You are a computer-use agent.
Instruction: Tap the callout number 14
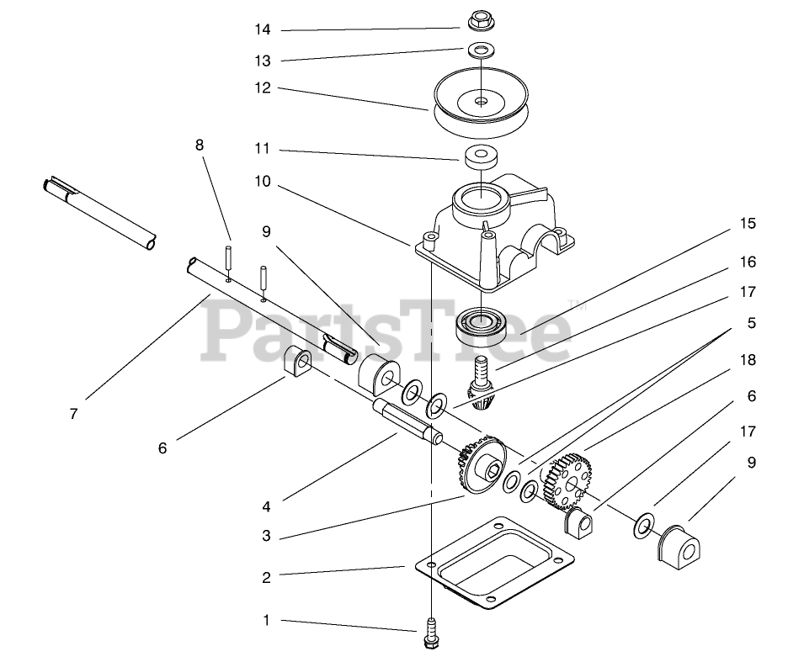click(x=264, y=29)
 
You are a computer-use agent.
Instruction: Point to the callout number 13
click(x=264, y=61)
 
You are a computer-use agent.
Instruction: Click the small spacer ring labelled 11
click(x=479, y=156)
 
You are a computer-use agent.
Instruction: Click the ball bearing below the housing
click(x=481, y=325)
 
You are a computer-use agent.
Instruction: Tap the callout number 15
click(x=748, y=224)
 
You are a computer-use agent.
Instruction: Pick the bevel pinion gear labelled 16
click(x=481, y=386)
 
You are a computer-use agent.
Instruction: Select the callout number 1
click(x=266, y=621)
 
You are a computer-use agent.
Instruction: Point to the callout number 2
click(x=266, y=577)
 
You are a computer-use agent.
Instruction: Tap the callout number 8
click(x=200, y=145)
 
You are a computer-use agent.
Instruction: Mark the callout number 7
click(x=74, y=414)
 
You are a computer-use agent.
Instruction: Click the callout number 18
click(x=748, y=360)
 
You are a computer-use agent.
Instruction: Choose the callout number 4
click(x=266, y=507)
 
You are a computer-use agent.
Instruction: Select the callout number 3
click(x=266, y=536)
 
